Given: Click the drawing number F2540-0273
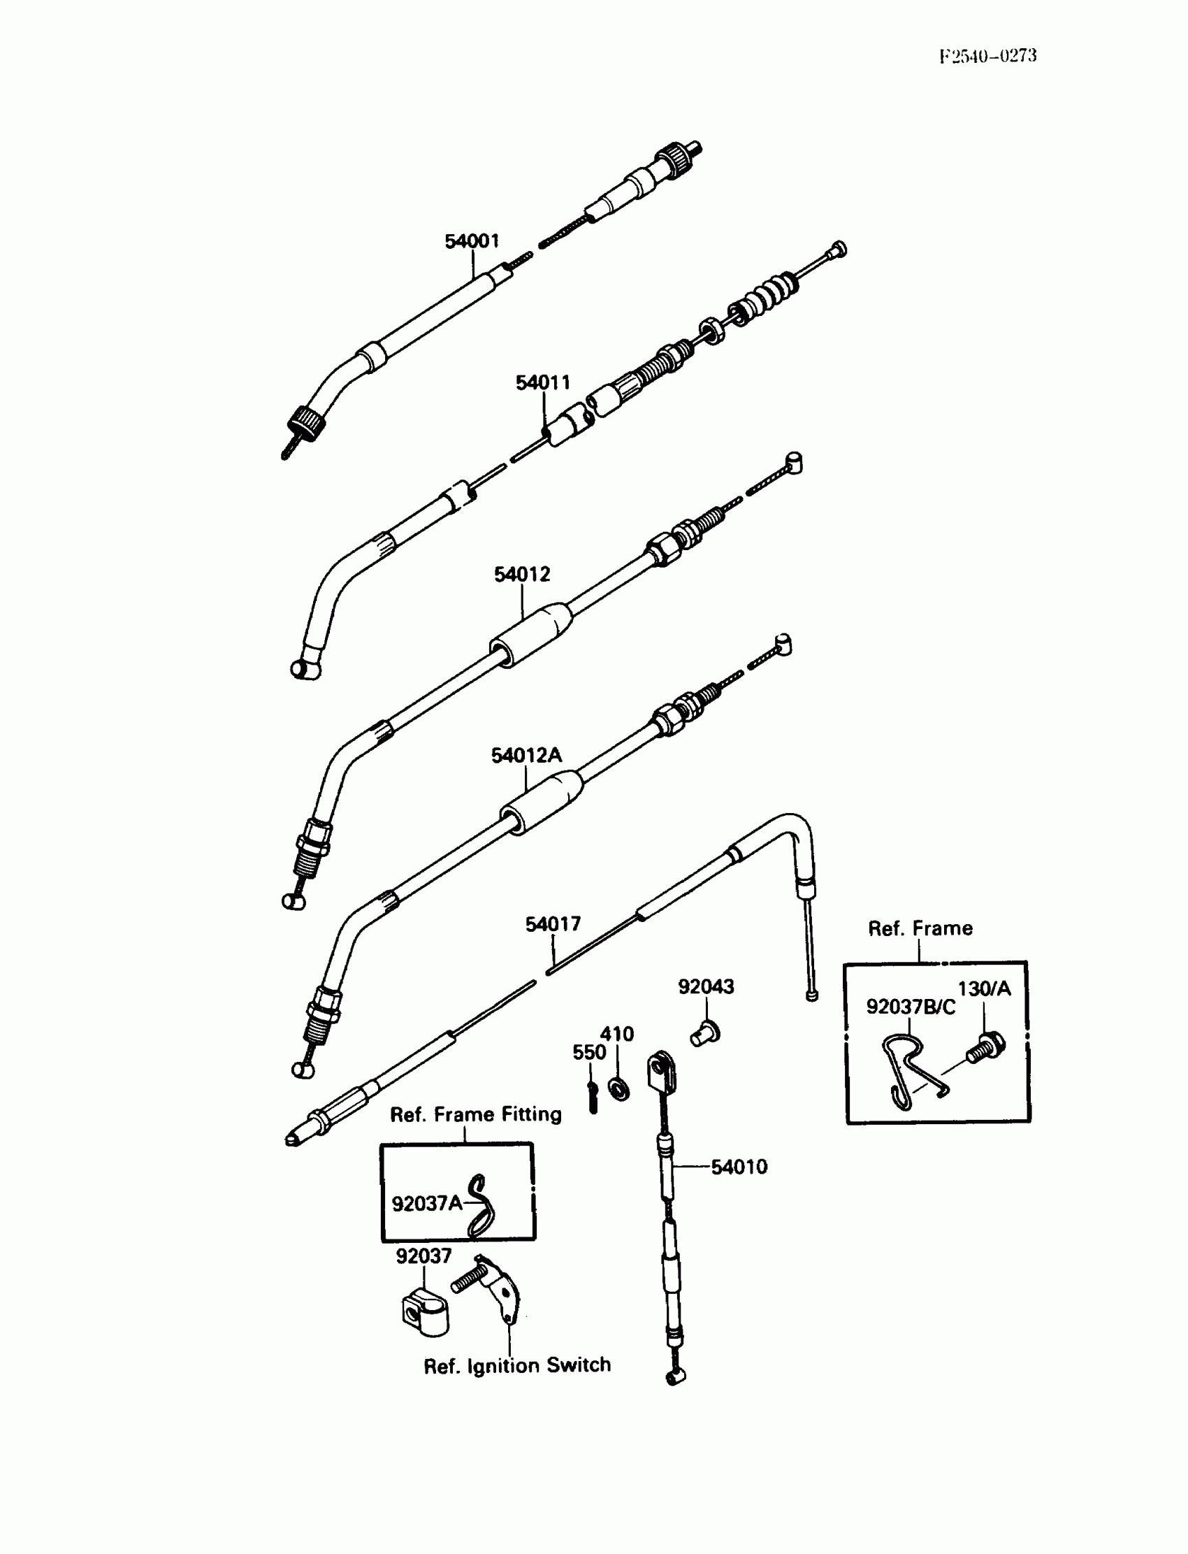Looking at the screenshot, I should [x=987, y=56].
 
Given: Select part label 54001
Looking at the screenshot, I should [x=472, y=241].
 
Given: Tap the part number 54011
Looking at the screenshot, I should [x=542, y=382].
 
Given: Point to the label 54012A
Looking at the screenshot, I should [x=526, y=756].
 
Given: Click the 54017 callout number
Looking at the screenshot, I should [x=552, y=923].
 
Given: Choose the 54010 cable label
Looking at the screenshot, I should [x=739, y=1167].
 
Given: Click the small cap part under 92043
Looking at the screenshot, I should [x=705, y=1034].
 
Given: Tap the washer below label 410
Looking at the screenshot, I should [x=618, y=1088].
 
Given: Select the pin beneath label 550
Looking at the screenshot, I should [x=593, y=1097].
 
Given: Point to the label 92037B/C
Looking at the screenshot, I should [x=910, y=1007].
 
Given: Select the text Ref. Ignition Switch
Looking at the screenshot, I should [x=517, y=1365].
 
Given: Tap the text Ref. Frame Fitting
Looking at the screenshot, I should [x=476, y=1115].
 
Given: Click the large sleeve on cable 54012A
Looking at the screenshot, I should [x=542, y=803].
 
